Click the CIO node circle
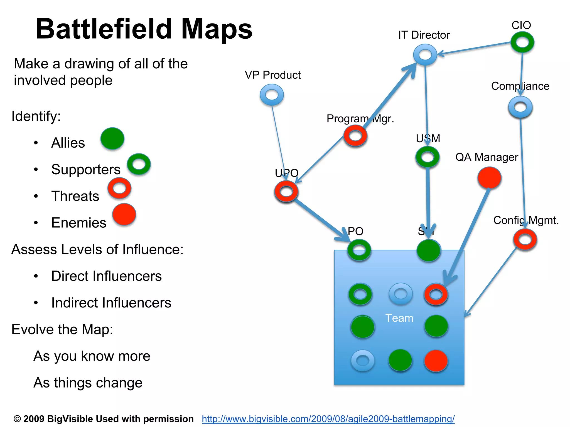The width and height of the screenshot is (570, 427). coord(522,42)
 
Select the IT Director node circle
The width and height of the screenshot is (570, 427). coord(425,54)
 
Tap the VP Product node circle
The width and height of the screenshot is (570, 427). coord(272,95)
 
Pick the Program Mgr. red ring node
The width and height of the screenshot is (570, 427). coord(355,136)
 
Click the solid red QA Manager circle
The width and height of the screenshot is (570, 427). coord(489,178)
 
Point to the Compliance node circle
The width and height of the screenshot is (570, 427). coord(520,107)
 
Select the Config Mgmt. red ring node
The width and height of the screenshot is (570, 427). coord(525,239)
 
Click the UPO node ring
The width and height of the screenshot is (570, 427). coord(286,191)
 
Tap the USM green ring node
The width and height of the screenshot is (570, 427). coord(427,157)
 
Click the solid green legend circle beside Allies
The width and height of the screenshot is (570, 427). coord(112,138)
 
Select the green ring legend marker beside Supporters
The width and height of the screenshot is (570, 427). coord(139,164)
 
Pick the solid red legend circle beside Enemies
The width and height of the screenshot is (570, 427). coord(124,214)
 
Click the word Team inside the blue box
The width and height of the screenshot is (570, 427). coord(399,318)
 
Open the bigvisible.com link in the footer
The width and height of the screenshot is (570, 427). coord(328,419)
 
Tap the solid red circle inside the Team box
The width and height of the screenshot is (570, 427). coord(436,361)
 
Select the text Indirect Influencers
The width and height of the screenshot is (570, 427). coord(111,302)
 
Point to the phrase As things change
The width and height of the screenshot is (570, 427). coord(88,383)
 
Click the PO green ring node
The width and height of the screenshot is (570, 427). coord(359,250)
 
